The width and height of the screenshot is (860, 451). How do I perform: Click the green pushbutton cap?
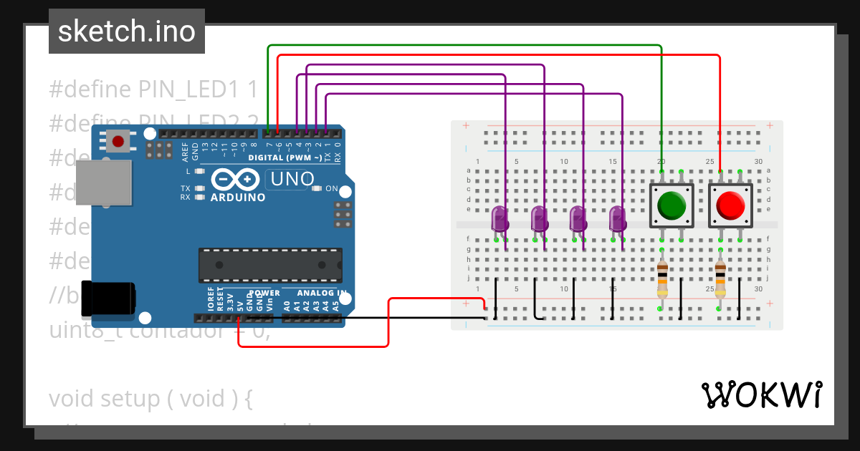tap(672, 205)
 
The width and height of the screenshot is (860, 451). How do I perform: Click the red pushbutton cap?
tap(730, 205)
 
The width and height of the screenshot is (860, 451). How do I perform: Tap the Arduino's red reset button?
tap(118, 140)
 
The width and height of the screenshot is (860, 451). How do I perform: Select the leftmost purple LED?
tap(500, 218)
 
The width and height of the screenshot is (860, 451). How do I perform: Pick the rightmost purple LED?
tap(617, 218)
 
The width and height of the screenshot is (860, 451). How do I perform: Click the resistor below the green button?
tap(662, 279)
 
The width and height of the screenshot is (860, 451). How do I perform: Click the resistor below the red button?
tap(720, 279)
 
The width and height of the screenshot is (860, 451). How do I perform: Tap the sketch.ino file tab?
tap(127, 31)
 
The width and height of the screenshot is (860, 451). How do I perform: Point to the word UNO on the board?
tap(290, 178)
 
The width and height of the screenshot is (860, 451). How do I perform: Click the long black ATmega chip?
tap(270, 266)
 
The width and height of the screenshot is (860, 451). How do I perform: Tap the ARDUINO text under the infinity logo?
tap(237, 197)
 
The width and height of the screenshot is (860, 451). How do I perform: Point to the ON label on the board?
tap(331, 189)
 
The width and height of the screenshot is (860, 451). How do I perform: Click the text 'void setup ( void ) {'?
tap(151, 398)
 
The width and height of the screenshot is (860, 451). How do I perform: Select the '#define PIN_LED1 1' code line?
tap(153, 89)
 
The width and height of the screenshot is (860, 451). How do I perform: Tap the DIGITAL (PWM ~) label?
tap(285, 157)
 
